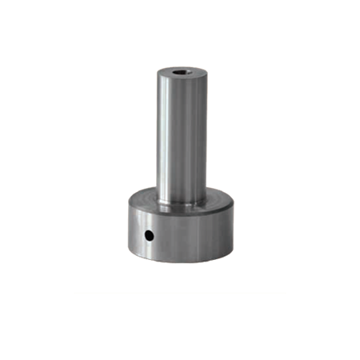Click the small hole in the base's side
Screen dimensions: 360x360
point(149,235)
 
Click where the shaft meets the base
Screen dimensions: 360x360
point(180,210)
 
